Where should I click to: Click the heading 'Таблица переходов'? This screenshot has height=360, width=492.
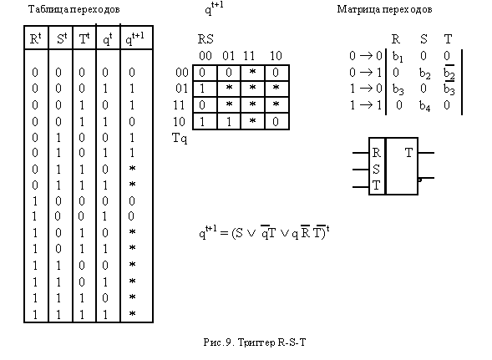(74, 9)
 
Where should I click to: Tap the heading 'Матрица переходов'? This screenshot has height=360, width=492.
(384, 9)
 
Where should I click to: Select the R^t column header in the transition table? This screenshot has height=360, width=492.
(35, 39)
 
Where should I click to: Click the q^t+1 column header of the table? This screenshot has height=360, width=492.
(134, 39)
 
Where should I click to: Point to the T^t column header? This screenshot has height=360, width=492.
(84, 39)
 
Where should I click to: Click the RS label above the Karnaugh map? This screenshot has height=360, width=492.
(205, 39)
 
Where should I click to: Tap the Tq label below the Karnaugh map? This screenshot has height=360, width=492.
(180, 138)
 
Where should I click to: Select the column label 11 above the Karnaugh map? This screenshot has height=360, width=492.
(249, 56)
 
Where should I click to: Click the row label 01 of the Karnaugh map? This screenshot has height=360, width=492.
(181, 89)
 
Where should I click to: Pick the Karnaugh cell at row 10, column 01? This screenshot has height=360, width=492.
(229, 121)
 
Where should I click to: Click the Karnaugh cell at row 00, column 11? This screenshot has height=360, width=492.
(252, 73)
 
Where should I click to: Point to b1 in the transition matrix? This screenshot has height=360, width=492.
(398, 57)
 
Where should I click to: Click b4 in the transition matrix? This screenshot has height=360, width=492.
(425, 106)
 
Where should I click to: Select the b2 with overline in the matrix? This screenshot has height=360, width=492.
(449, 74)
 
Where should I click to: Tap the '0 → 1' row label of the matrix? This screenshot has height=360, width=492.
(366, 73)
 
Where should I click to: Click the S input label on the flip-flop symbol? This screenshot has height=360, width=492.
(376, 170)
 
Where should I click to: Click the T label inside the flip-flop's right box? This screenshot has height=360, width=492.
(408, 153)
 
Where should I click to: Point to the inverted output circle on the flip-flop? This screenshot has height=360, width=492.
(420, 180)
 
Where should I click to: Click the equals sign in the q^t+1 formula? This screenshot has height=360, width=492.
(224, 233)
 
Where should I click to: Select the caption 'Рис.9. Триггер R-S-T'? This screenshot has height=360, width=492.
(255, 342)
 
